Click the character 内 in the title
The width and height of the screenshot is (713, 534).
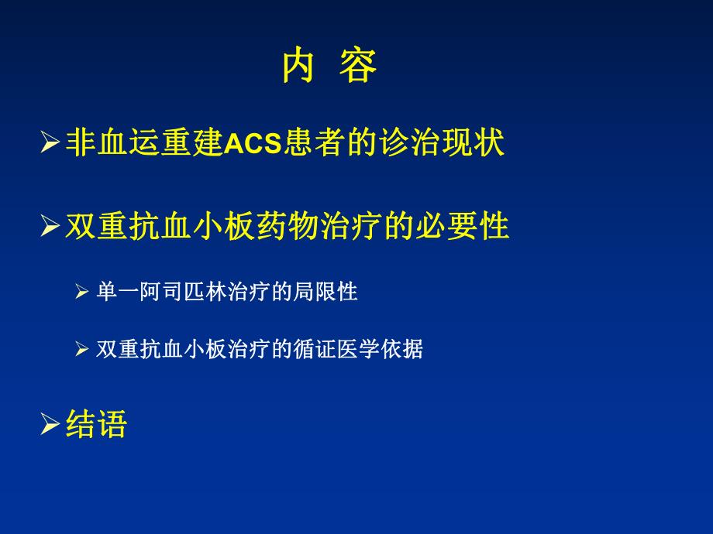pyautogui.click(x=298, y=67)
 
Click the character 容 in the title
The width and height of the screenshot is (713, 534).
pyautogui.click(x=358, y=67)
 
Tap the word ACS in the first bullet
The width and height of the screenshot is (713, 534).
pyautogui.click(x=253, y=144)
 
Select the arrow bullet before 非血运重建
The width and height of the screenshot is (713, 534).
pyautogui.click(x=50, y=143)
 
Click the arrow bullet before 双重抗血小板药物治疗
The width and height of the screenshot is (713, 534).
pyautogui.click(x=50, y=227)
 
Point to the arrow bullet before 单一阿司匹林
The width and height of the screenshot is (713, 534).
pyautogui.click(x=84, y=292)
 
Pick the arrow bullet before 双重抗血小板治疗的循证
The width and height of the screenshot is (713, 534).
pyautogui.click(x=84, y=349)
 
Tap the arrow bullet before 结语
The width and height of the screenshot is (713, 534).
pyautogui.click(x=50, y=424)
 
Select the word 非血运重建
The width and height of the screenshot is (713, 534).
pyautogui.click(x=144, y=143)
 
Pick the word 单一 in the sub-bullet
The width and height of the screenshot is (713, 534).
pyautogui.click(x=115, y=292)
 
